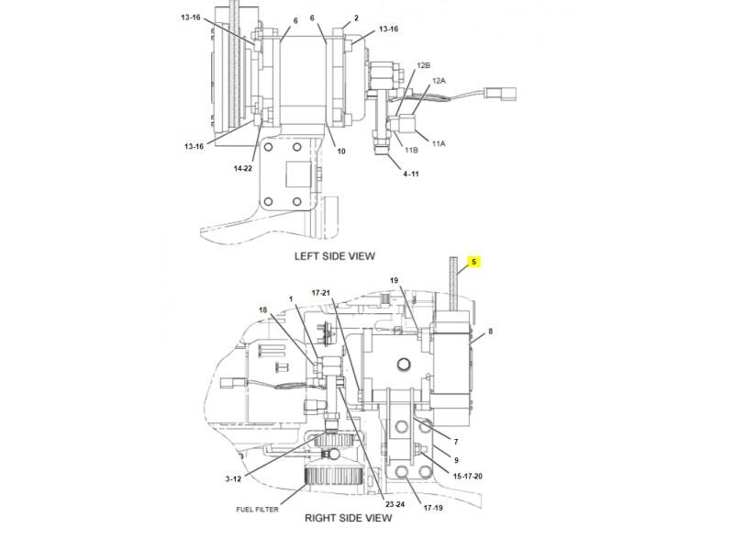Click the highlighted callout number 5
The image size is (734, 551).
474,262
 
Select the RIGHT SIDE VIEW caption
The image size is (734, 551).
348,518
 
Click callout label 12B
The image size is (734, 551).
423,66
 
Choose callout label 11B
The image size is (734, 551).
411,150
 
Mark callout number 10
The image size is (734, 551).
340,151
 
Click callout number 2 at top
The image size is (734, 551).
356,17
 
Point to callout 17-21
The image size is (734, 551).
321,293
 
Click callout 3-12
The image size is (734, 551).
234,478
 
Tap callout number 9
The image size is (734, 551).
455,459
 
